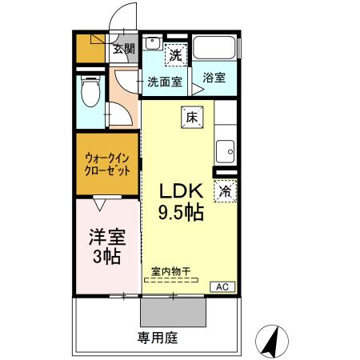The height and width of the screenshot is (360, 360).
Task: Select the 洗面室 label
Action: click(x=165, y=81)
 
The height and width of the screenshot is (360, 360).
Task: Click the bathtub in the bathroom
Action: click(x=214, y=48)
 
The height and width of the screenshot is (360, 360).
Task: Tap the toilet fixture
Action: click(x=90, y=94)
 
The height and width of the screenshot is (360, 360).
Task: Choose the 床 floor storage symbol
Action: click(x=191, y=116)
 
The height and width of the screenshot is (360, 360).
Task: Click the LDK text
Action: click(x=181, y=191)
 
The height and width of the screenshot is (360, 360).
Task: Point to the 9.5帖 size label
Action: click(x=181, y=212)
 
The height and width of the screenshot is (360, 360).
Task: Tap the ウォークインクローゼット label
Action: click(x=108, y=165)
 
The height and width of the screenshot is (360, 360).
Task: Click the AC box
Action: click(x=222, y=286)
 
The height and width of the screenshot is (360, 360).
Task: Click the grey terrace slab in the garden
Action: click(x=172, y=310)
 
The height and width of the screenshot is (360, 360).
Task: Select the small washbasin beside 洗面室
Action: click(x=152, y=44)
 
